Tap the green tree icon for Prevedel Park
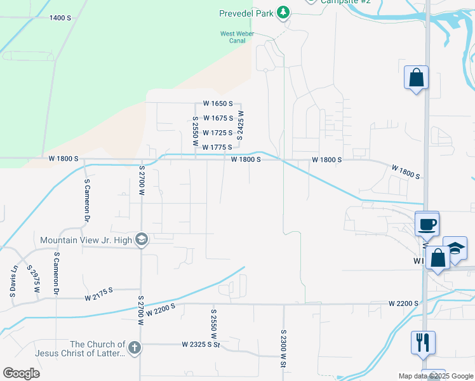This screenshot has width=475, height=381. pos(283,13)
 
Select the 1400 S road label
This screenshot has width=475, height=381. pos(60,18)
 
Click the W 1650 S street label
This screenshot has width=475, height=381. pos(218,104)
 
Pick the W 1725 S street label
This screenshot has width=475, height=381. pos(217,133)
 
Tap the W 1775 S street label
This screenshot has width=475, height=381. pos(217,147)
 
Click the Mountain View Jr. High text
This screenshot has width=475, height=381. pos(86,240)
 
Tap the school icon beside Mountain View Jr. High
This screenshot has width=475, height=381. pos(141,240)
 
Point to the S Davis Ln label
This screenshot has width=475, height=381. pos(13,281)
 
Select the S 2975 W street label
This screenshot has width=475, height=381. pos(32,280)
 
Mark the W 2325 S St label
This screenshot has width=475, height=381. pos(200,345)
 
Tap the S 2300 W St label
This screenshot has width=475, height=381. pos(284,347)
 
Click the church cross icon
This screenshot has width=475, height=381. pos(133,347)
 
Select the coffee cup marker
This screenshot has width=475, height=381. pos(427,224)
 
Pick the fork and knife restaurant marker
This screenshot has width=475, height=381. pos(423,343)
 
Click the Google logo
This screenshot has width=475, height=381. pos(21,373)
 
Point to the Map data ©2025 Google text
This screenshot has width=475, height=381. pos(436,376)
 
